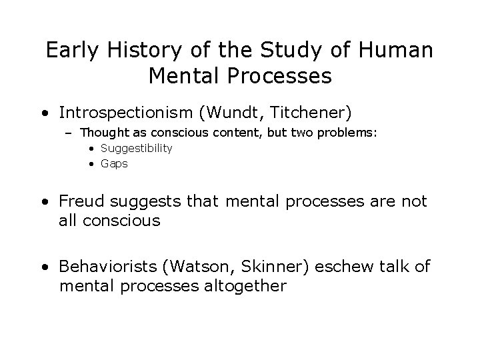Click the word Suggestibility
click(x=136, y=149)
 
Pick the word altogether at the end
click(x=245, y=287)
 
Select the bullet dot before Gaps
click(x=93, y=163)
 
